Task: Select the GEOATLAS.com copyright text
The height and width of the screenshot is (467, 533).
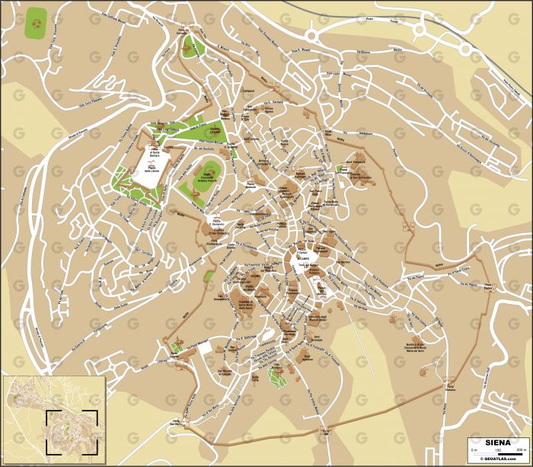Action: click(499, 460)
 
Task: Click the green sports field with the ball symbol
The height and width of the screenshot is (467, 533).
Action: click(35, 24)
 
